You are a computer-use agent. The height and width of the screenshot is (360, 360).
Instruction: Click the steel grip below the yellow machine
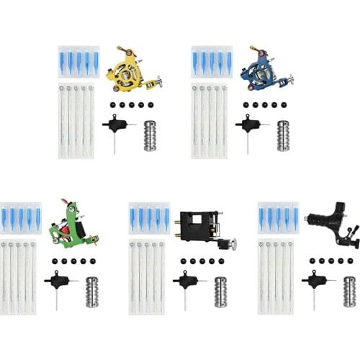click(x=150, y=135)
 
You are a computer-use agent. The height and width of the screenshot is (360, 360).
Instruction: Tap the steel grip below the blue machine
click(x=283, y=135)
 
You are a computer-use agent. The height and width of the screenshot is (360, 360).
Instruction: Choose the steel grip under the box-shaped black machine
click(x=220, y=291)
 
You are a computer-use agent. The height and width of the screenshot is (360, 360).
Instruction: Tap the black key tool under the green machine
click(x=58, y=284)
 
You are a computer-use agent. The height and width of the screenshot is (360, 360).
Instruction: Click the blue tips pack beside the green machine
click(x=19, y=217)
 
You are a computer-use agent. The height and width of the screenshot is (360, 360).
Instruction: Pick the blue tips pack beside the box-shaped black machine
click(x=149, y=217)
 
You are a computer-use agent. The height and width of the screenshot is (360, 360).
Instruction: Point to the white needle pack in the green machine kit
click(x=19, y=278)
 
